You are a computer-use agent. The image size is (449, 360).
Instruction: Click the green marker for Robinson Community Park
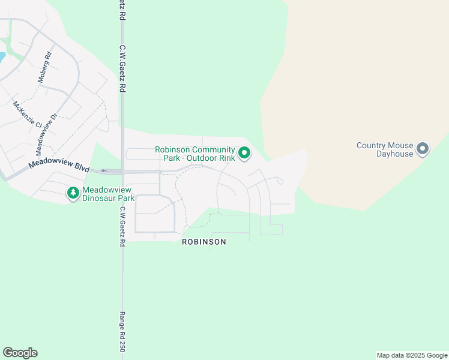click(x=244, y=154)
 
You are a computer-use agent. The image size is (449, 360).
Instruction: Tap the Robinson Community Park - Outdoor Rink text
click(x=195, y=154)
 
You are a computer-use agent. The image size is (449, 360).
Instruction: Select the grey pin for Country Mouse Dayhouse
click(x=423, y=148)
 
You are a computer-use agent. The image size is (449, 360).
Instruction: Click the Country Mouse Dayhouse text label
click(x=385, y=149)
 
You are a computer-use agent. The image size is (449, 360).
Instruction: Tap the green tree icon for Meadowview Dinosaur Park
click(x=73, y=193)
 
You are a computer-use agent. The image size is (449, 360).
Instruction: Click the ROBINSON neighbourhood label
click(x=204, y=242)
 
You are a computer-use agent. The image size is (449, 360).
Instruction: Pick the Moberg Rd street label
click(x=45, y=67)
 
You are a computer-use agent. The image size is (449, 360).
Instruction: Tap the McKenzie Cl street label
click(x=27, y=114)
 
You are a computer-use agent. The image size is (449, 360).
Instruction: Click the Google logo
click(x=20, y=353)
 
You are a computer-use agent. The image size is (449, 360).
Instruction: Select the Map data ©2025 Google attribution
click(x=412, y=355)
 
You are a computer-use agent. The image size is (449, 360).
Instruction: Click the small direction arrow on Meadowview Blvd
click(x=103, y=171)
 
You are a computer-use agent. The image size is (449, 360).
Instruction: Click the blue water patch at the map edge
click(x=2, y=58)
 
